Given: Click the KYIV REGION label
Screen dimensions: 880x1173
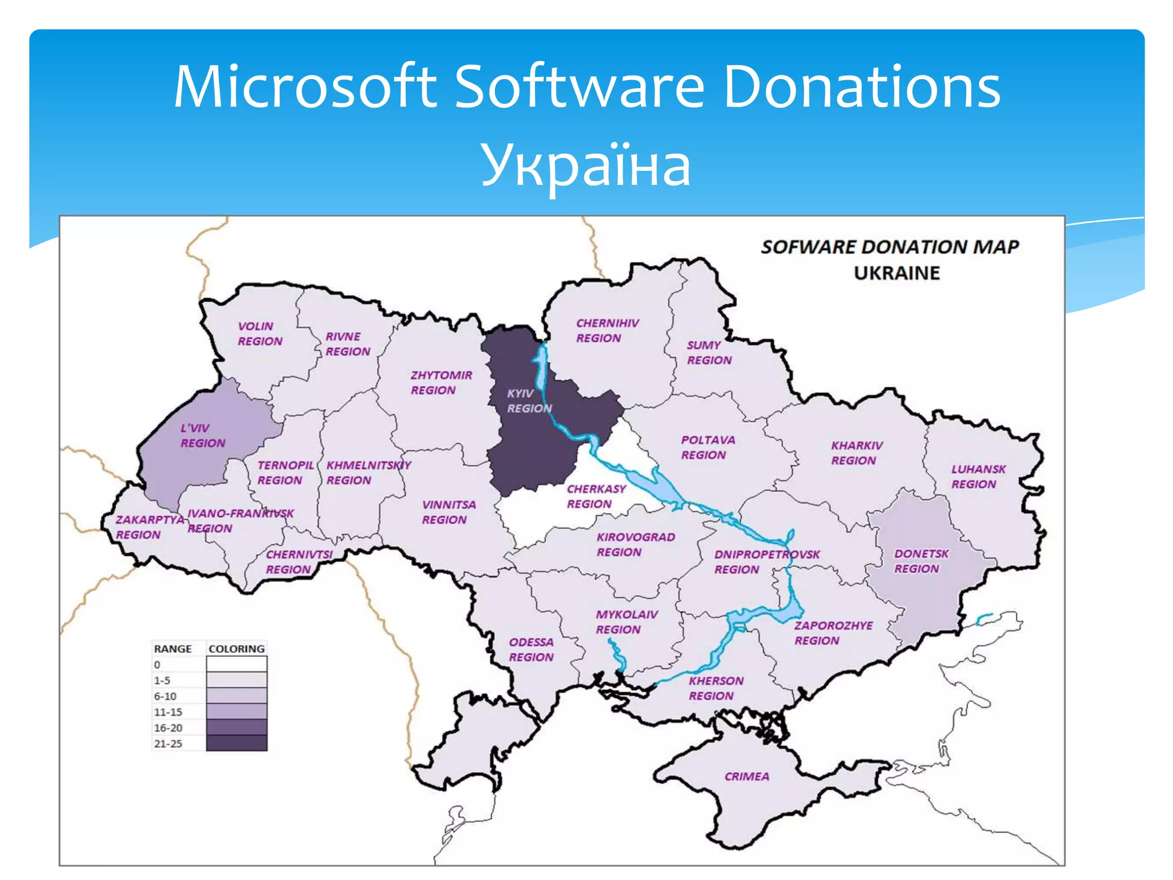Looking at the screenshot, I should tap(529, 400).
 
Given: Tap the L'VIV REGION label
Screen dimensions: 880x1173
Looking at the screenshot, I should tap(202, 435).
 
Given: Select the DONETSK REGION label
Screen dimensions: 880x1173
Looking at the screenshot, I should tap(920, 561).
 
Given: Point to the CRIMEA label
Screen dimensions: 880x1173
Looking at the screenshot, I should tap(746, 776).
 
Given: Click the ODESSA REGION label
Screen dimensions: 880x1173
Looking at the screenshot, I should tap(531, 650).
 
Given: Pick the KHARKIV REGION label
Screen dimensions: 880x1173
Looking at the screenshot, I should tap(856, 453).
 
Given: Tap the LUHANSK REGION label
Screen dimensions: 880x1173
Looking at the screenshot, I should tap(978, 476).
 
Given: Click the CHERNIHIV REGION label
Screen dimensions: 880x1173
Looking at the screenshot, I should tap(607, 331).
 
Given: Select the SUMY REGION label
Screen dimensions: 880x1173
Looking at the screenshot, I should tap(709, 352).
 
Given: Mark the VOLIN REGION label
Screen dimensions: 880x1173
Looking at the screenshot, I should tap(259, 333).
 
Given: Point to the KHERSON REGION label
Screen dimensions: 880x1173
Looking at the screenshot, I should tap(715, 688).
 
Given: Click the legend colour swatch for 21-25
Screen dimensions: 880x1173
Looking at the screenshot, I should tap(236, 744).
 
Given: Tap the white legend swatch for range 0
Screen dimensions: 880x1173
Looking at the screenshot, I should tap(236, 665).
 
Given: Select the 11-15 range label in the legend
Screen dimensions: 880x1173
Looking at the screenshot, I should tap(168, 712).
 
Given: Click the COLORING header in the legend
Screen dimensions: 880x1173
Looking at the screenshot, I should tap(236, 649).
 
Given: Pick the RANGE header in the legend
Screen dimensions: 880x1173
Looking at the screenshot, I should tap(172, 649).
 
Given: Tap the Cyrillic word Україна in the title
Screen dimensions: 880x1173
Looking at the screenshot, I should tap(585, 164).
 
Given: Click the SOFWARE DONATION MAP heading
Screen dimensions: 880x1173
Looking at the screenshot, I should tap(889, 247).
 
